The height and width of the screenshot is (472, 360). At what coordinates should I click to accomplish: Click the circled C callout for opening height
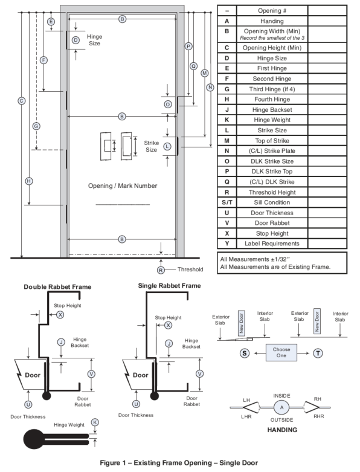(x=21, y=101)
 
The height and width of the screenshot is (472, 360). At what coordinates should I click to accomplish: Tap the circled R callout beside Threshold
(x=161, y=270)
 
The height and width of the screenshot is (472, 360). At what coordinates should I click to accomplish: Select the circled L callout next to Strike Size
(x=167, y=147)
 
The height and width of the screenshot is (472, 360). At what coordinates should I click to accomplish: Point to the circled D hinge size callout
(x=76, y=40)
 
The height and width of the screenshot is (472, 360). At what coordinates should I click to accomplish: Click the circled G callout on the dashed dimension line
(x=36, y=126)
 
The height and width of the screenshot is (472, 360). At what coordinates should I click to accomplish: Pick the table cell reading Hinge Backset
(x=272, y=110)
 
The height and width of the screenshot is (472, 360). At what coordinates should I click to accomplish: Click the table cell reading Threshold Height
(x=272, y=192)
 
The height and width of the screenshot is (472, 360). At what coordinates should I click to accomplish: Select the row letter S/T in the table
(x=227, y=202)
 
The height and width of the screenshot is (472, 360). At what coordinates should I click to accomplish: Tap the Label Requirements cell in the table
(x=272, y=244)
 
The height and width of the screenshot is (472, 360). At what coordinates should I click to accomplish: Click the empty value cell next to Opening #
(x=327, y=10)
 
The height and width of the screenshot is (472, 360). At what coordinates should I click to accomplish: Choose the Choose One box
(x=281, y=352)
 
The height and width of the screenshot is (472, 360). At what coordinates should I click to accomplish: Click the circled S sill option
(x=245, y=353)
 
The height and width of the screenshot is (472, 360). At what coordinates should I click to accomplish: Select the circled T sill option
(x=318, y=353)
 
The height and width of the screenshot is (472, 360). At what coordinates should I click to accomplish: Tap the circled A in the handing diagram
(x=281, y=407)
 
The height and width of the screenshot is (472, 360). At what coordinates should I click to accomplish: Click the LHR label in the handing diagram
(x=246, y=417)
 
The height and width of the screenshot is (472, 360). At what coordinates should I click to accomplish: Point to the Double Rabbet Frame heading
(x=57, y=287)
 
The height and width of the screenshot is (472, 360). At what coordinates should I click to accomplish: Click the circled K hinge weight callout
(x=95, y=422)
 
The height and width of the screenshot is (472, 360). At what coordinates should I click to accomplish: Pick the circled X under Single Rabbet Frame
(x=168, y=325)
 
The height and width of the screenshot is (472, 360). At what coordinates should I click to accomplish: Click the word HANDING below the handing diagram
(x=282, y=430)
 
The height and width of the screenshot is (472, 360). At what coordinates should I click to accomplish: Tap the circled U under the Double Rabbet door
(x=28, y=404)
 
